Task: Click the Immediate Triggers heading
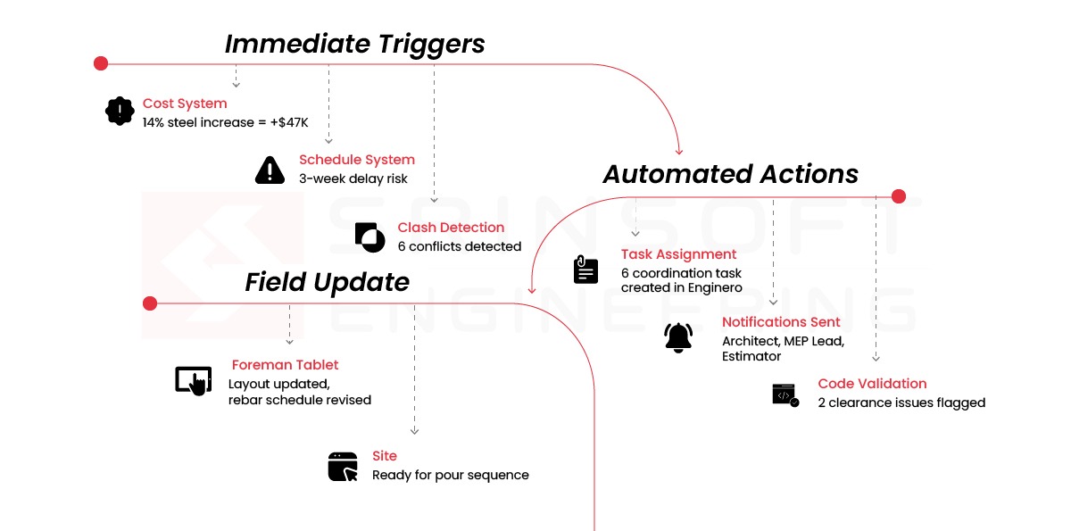point(355,44)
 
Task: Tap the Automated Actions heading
point(730,174)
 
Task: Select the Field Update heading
point(327,282)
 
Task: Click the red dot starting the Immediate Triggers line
point(101,63)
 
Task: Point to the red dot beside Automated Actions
point(899,196)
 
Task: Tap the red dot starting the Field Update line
point(150,303)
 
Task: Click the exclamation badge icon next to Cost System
point(120,112)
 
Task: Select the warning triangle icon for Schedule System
point(270,170)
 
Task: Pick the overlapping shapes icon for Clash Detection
point(370,237)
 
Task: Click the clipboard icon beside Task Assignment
point(585,270)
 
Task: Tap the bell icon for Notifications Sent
point(678,338)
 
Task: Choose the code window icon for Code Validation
point(785,395)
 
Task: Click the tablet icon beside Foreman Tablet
point(194,381)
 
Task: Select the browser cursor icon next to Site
point(343,467)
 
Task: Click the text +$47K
point(289,123)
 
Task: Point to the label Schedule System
point(357,160)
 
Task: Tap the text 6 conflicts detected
point(460,246)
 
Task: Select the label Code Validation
point(872,384)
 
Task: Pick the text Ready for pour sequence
point(451,475)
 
